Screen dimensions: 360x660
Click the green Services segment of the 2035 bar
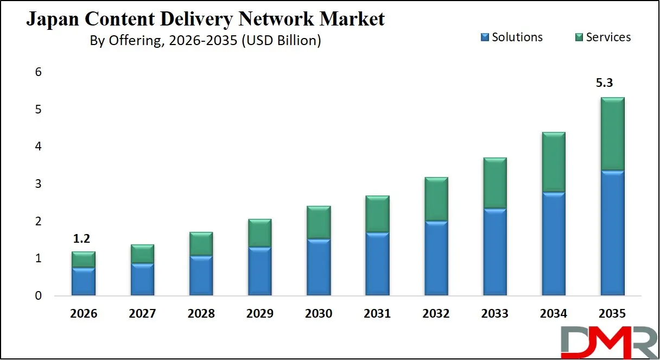pyautogui.click(x=613, y=134)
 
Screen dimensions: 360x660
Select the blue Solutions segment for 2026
pyautogui.click(x=84, y=281)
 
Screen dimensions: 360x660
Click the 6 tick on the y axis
pyautogui.click(x=39, y=72)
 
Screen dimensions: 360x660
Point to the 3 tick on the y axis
pyautogui.click(x=39, y=184)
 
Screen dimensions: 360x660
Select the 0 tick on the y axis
pyautogui.click(x=39, y=296)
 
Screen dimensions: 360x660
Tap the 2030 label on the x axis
pyautogui.click(x=319, y=314)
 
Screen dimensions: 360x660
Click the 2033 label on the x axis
pyautogui.click(x=495, y=314)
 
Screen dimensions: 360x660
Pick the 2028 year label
pyautogui.click(x=201, y=314)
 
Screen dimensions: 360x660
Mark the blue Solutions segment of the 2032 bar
pyautogui.click(x=436, y=258)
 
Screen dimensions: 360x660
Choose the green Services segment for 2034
pyautogui.click(x=554, y=162)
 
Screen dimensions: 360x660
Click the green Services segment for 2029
pyautogui.click(x=260, y=233)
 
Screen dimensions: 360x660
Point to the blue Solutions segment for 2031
pyautogui.click(x=377, y=264)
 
